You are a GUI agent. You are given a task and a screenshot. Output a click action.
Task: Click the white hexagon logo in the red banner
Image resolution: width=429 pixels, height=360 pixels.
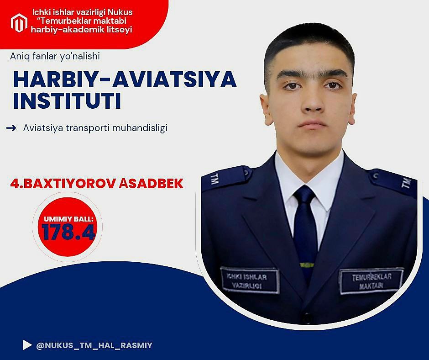coord(19,23)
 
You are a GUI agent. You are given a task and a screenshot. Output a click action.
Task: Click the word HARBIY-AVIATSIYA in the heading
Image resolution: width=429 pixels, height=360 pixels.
coord(125,80)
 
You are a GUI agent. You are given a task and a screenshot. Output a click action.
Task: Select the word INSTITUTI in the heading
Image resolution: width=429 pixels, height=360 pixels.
coord(67,101)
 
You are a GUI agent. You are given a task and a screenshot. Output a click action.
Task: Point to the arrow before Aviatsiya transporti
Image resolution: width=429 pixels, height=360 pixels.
coord(11,128)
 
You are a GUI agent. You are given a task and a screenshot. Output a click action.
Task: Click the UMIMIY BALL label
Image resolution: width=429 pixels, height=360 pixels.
coord(68,219)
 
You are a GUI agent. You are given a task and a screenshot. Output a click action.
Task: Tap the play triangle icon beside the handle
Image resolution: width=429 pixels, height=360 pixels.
coord(27,345)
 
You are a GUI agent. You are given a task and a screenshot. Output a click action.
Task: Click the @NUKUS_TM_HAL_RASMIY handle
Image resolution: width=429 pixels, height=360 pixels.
coord(94,345)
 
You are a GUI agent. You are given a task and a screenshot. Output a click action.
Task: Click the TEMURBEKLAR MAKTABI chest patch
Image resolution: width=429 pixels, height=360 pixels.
coord(371,281)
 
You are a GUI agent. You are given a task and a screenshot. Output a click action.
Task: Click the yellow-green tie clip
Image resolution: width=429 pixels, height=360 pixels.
coord(307,265)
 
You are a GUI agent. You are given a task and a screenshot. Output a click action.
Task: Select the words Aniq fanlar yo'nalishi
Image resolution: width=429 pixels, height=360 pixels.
coord(55,56)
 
